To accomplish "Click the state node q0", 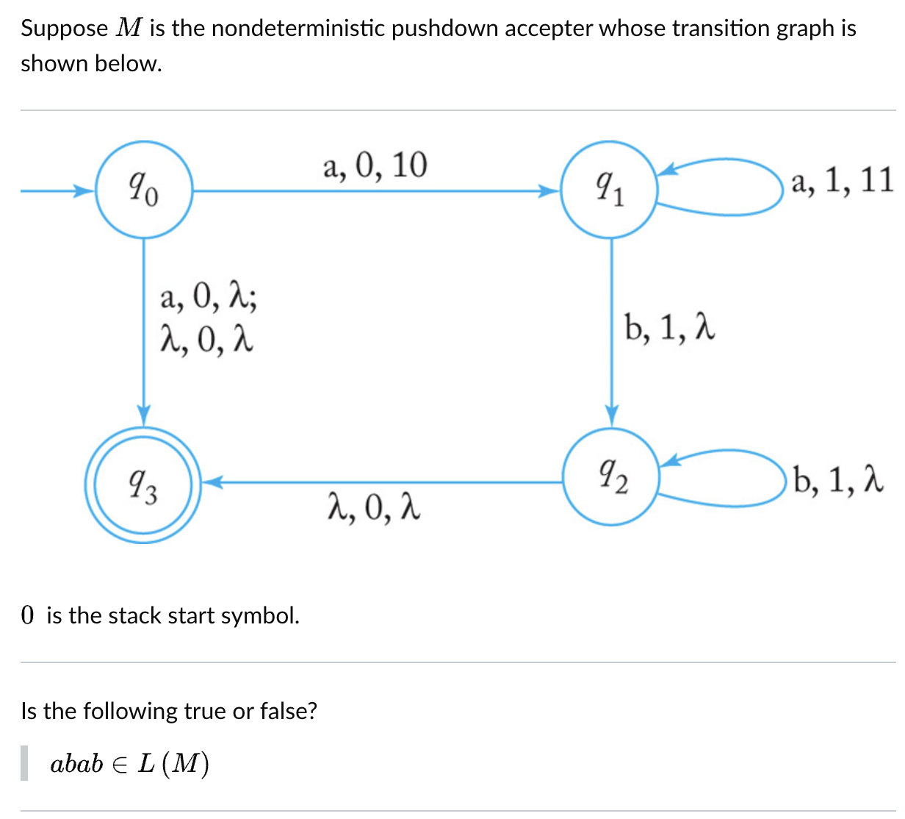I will [x=144, y=190].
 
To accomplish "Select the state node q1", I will [x=610, y=190].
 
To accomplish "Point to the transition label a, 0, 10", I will [x=375, y=166].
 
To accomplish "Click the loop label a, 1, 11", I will [x=842, y=179].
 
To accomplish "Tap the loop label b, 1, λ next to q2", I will [x=837, y=481].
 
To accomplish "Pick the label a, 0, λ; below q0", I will [x=209, y=298].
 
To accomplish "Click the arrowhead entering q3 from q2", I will [x=211, y=483].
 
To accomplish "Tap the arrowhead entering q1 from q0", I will [x=549, y=191].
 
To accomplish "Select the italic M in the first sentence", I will [x=129, y=28].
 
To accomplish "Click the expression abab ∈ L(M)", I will [x=129, y=764].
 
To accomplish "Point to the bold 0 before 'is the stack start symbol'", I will [x=28, y=615].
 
